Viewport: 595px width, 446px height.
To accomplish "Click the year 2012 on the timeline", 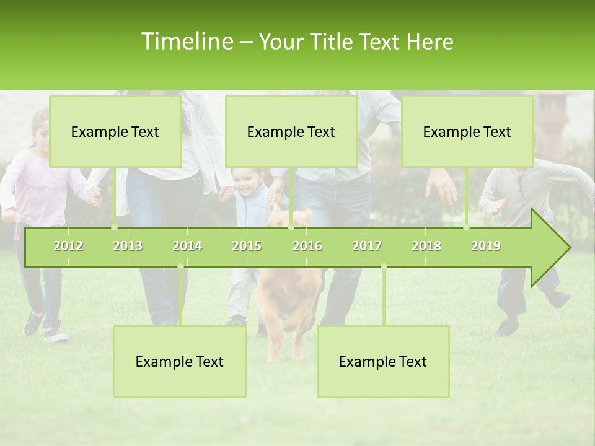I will (68, 246).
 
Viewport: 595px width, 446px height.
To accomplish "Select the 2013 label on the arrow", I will (128, 246).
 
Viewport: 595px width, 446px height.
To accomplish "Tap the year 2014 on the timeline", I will (187, 246).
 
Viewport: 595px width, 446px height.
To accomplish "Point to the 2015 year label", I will (247, 246).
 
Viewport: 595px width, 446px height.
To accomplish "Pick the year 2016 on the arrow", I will (307, 246).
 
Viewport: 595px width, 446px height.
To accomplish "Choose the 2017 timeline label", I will (367, 246).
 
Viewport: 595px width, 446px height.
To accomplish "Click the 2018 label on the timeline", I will (426, 246).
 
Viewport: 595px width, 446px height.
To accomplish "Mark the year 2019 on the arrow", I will (486, 246).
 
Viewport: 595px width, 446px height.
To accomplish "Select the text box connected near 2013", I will (115, 132).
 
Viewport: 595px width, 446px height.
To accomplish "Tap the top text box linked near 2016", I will (291, 132).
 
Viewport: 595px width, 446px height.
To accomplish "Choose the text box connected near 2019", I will (467, 132).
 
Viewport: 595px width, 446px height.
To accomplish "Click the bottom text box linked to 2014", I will (180, 362).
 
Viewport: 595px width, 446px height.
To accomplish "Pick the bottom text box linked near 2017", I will (383, 362).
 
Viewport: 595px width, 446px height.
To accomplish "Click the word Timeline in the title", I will (185, 42).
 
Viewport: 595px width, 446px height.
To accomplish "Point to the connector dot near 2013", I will (115, 227).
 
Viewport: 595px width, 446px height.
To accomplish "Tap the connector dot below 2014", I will (180, 266).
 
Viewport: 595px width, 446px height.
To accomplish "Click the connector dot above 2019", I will (467, 227).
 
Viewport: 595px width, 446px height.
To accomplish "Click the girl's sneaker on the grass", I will (55, 335).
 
